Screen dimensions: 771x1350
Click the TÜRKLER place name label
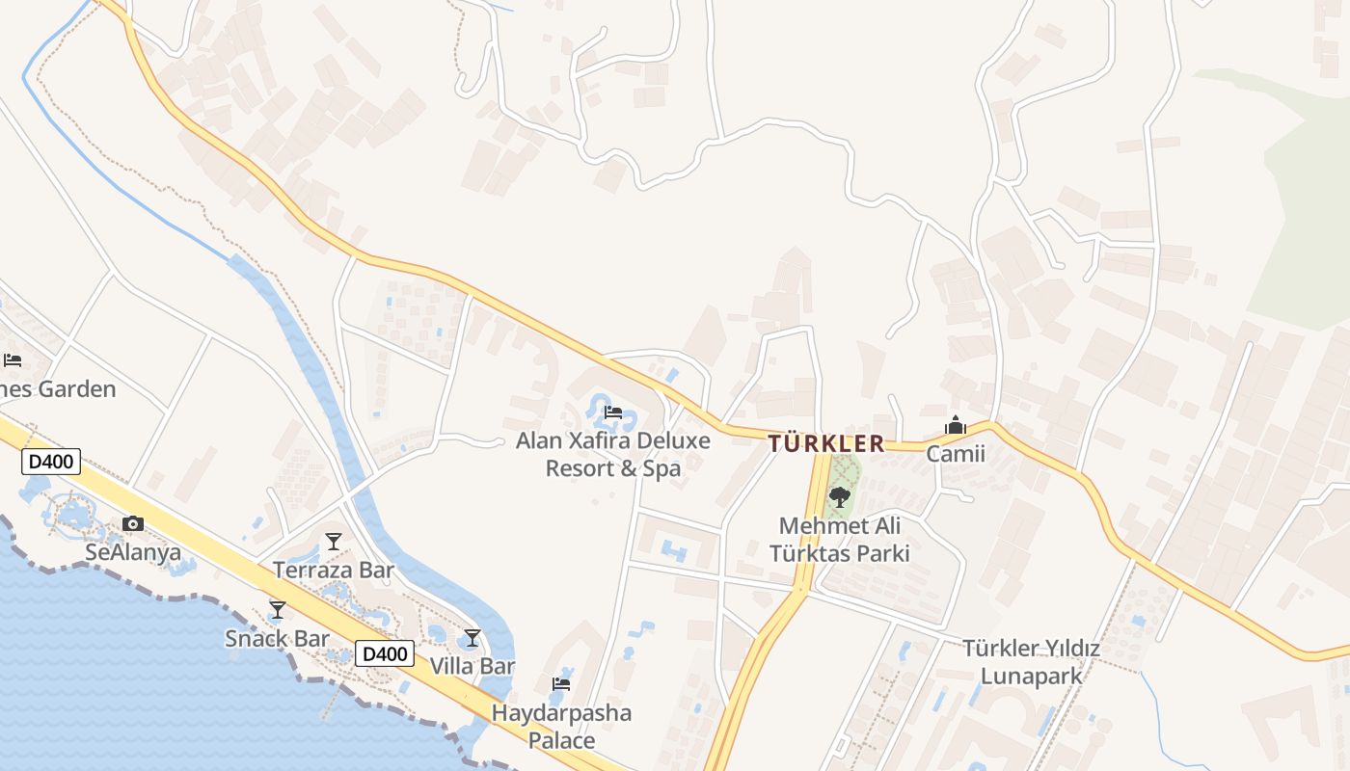826,443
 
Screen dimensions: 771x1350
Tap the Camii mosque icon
956,425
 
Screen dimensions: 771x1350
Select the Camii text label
956,453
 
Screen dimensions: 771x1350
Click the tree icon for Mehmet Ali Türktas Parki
840,497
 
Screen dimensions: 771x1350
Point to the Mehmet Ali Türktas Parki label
840,540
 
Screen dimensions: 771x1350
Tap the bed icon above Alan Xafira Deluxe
612,412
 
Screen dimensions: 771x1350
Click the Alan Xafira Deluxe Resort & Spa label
613,455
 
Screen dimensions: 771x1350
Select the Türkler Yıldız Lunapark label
1031,662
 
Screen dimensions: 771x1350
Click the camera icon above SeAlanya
133,524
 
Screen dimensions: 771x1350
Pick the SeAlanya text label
133,552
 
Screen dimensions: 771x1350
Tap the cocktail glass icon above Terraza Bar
334,542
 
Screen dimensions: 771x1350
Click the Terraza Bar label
334,570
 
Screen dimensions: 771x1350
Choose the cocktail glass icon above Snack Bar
278,610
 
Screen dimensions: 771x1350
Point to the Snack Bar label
278,638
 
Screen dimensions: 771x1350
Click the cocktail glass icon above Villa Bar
472,638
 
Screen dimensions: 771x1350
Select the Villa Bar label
472,666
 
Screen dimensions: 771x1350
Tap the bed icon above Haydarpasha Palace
561,684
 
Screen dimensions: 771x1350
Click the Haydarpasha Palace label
561,727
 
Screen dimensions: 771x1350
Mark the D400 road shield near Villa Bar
386,654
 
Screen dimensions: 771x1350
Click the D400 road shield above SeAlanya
51,462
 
